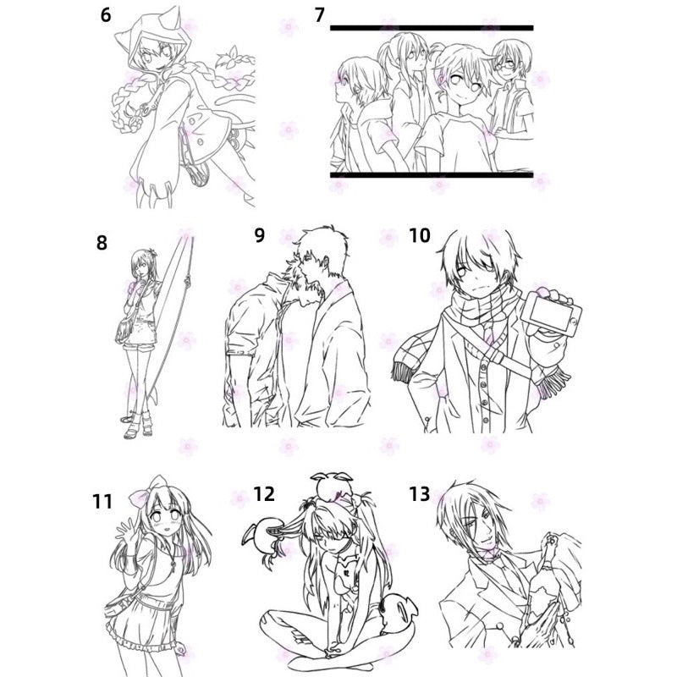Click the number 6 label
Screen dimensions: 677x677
(x=106, y=15)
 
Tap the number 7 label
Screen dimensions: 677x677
(x=320, y=15)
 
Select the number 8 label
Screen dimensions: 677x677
(x=102, y=243)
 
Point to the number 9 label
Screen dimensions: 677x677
(x=259, y=235)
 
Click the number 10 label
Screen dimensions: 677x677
(x=420, y=235)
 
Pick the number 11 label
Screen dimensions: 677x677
(x=102, y=502)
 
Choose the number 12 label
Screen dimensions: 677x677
(x=264, y=493)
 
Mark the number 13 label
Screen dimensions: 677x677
(x=420, y=493)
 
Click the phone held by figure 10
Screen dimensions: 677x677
(x=551, y=313)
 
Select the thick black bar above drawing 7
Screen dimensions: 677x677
(x=432, y=28)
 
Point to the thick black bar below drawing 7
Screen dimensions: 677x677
(x=432, y=175)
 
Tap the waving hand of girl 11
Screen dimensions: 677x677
(x=126, y=533)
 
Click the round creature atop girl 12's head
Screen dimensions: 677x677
(x=332, y=486)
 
